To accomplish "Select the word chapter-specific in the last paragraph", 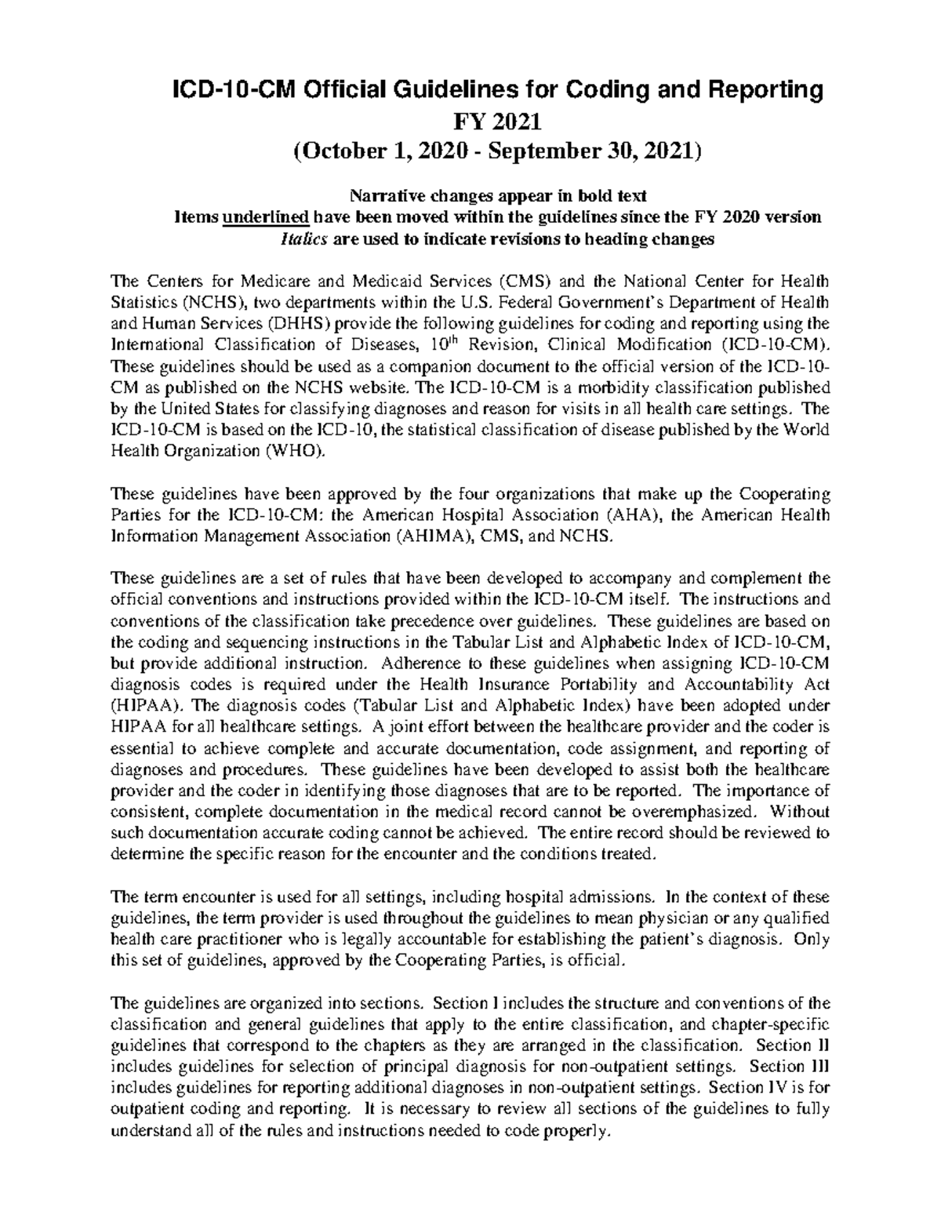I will pyautogui.click(x=778, y=1024).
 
